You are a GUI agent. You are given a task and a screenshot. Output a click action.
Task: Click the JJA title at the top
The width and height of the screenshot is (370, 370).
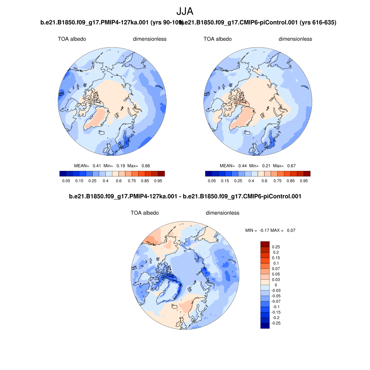coord(185,12)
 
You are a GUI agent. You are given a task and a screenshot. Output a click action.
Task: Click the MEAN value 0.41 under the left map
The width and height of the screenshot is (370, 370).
coord(97,166)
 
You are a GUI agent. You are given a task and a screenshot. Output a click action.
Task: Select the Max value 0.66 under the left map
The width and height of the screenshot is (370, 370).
coord(146,166)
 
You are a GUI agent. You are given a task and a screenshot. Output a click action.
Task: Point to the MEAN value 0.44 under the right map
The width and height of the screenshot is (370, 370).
coord(242,166)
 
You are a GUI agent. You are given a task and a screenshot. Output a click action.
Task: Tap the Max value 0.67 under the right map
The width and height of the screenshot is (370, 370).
coord(291,166)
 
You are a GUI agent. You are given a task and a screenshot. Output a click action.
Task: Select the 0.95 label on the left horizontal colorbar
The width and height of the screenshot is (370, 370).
coord(158,181)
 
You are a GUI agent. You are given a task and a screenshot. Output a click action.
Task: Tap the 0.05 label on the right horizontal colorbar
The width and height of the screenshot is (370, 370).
coord(212,181)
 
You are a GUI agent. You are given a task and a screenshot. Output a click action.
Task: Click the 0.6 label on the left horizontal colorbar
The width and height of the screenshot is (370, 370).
coord(119,181)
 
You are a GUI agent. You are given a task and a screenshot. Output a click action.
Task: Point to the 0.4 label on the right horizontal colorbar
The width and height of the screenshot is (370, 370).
coord(251,181)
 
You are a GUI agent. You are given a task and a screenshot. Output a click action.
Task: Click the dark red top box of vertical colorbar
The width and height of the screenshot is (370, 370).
coord(265,244)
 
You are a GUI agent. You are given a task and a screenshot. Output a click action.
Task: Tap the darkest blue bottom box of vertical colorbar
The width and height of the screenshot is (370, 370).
coord(265,326)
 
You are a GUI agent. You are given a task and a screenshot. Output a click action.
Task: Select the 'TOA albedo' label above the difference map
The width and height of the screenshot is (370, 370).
coord(145,213)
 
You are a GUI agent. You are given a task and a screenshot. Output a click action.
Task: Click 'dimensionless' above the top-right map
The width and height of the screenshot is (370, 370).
coord(295,39)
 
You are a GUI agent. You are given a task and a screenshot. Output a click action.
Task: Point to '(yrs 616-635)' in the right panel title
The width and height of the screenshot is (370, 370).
coord(318,23)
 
